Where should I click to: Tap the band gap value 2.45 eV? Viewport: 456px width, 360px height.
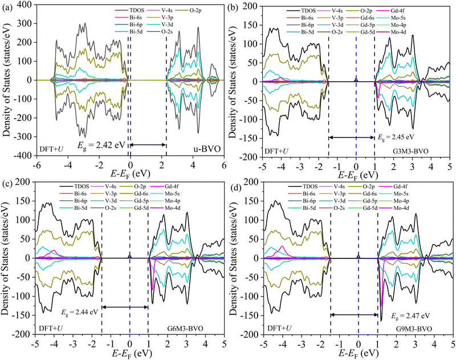click(393, 137)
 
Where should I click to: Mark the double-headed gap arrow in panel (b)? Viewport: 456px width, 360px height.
click(351, 137)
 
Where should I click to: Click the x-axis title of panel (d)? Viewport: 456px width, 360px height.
click(358, 354)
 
